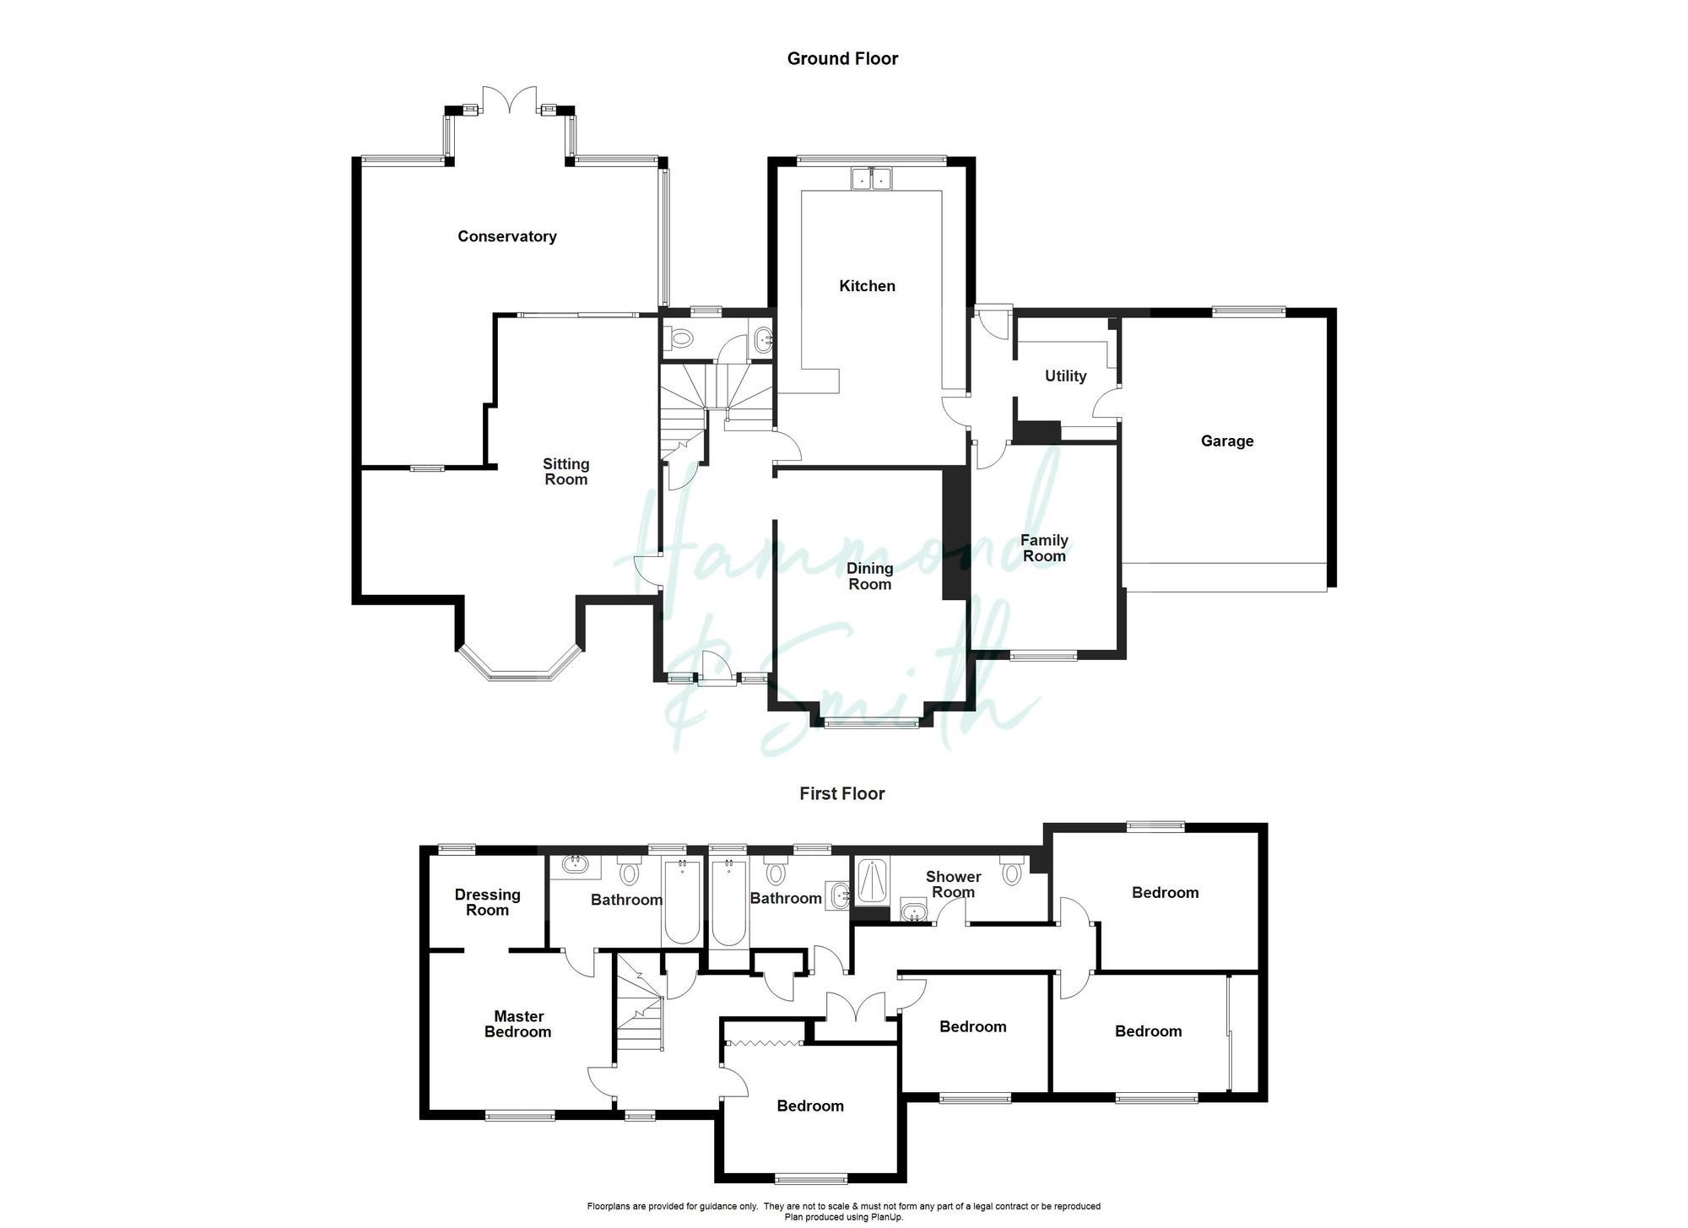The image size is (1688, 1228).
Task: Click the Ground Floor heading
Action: point(842,58)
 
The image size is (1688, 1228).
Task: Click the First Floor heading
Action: point(842,793)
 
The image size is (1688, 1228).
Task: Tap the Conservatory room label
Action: point(506,236)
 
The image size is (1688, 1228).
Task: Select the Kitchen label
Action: point(867,286)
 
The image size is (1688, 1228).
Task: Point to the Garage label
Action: point(1226,441)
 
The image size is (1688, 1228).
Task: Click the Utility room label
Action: point(1065,376)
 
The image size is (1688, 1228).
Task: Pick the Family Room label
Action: point(1044,548)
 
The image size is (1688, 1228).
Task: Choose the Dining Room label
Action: point(869,576)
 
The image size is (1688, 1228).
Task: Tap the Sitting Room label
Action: point(565,472)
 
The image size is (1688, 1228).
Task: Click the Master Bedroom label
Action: point(518,1024)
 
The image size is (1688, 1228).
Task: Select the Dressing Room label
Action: point(487,902)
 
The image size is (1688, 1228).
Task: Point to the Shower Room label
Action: point(953,884)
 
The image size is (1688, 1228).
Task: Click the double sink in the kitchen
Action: point(871,179)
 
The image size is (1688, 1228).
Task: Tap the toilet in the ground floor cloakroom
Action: point(679,338)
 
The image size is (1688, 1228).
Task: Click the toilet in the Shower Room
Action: point(1011,873)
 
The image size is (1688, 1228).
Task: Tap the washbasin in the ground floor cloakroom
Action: point(763,338)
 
